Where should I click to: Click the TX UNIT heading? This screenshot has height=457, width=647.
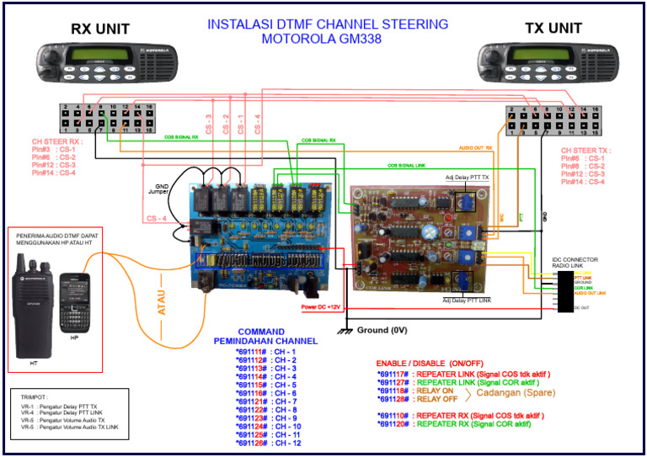point(553,28)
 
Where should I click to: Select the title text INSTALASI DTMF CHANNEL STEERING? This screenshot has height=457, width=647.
point(328,24)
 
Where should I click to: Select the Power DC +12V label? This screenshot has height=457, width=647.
point(324,307)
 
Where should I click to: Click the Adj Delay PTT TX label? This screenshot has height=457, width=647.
point(467,178)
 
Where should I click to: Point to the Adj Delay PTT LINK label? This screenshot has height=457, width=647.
point(468,299)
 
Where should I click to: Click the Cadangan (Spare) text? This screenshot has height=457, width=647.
point(516,392)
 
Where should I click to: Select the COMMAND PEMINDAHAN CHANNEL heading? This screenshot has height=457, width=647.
point(266,336)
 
